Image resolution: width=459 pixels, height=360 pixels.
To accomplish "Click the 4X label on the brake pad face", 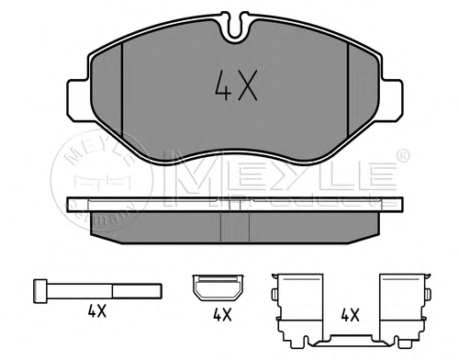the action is [x=236, y=85].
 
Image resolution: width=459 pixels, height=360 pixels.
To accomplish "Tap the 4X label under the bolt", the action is [x=97, y=311].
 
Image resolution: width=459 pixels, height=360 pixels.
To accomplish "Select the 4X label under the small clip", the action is [x=222, y=315].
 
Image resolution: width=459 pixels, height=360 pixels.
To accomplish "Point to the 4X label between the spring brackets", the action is [x=351, y=315].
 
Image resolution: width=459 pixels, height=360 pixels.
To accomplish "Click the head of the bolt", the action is [x=40, y=291].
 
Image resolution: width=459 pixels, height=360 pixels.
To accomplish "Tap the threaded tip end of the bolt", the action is [x=162, y=291].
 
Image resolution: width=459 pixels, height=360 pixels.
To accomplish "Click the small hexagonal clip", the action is [x=218, y=287].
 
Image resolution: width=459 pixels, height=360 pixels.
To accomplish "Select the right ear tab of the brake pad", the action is [x=392, y=100].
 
